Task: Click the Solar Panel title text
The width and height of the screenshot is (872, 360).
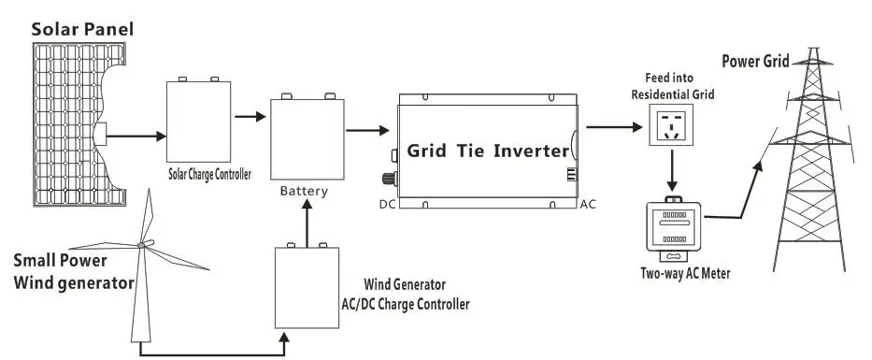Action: (82, 29)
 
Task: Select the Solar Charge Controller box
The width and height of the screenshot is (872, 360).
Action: (198, 121)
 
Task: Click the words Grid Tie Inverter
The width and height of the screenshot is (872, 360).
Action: (488, 151)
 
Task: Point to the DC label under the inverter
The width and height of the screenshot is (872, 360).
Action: (387, 205)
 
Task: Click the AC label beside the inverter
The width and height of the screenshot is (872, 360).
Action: (588, 205)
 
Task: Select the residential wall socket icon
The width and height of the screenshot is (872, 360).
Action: (672, 127)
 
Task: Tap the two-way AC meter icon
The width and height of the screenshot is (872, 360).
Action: (673, 228)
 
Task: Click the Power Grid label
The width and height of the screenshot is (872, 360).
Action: (755, 61)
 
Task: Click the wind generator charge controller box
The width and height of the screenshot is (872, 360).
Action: (307, 286)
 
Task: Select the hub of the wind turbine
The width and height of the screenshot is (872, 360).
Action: (141, 245)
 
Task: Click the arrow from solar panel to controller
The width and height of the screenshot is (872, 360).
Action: (136, 136)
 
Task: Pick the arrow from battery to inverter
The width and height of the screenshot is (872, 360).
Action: (367, 130)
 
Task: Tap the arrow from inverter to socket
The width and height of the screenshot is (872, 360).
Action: (614, 127)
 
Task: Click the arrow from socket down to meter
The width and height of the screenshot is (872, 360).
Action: (672, 170)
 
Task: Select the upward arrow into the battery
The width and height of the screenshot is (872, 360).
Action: (307, 223)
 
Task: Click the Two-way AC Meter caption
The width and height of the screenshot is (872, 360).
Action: (685, 274)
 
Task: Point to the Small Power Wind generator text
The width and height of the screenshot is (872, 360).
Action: (74, 271)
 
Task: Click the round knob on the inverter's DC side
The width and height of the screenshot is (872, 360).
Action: (388, 180)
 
